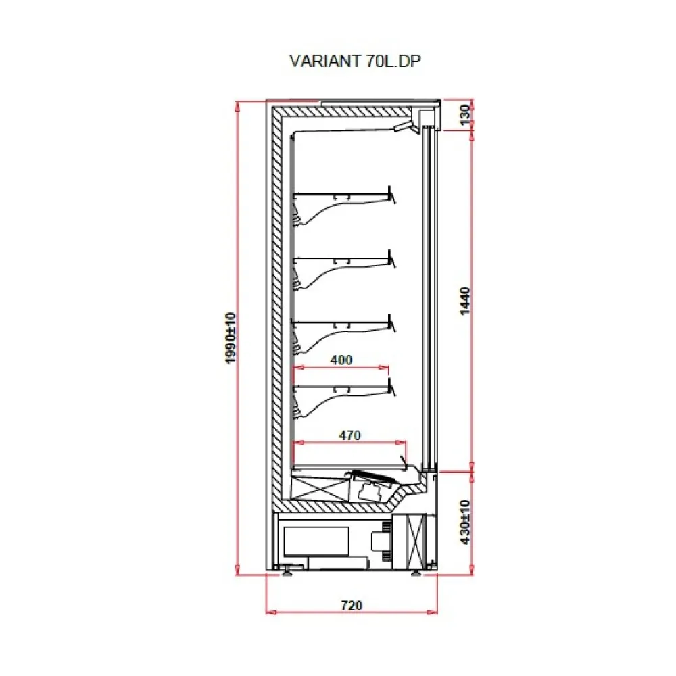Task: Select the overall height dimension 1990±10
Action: tap(231, 338)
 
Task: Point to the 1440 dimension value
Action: tap(464, 299)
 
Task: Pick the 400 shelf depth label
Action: tap(341, 360)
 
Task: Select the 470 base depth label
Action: tap(349, 435)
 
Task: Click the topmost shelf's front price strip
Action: tap(391, 194)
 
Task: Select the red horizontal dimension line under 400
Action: tap(341, 368)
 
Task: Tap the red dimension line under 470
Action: tap(349, 443)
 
